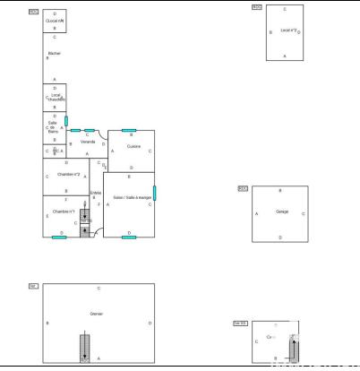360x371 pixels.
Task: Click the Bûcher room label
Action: click(x=54, y=54)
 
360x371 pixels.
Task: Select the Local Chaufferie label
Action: click(x=56, y=97)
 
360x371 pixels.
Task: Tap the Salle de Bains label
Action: click(x=53, y=127)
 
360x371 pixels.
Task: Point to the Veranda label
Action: click(x=88, y=142)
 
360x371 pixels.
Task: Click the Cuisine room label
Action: click(x=133, y=146)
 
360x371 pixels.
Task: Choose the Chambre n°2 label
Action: click(x=68, y=175)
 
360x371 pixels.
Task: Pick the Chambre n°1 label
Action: click(x=64, y=211)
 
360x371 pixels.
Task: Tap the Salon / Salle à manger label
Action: click(x=131, y=197)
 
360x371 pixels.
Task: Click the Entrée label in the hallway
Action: click(x=96, y=192)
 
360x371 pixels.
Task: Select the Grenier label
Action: click(x=97, y=314)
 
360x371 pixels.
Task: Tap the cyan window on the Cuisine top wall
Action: click(x=129, y=131)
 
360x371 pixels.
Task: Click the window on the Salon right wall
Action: click(x=155, y=192)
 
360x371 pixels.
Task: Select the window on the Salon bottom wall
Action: click(x=129, y=237)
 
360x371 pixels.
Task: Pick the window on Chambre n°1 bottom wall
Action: click(x=59, y=237)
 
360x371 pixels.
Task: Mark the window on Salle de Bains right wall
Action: click(x=66, y=119)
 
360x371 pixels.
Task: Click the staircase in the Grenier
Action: click(x=84, y=345)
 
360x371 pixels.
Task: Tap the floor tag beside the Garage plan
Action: click(x=242, y=188)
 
